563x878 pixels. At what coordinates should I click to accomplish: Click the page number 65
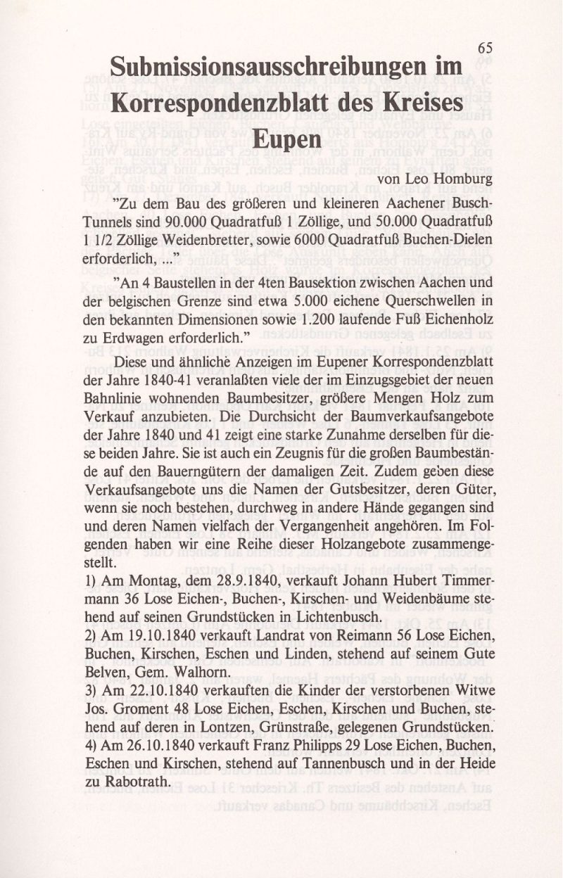(485, 47)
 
